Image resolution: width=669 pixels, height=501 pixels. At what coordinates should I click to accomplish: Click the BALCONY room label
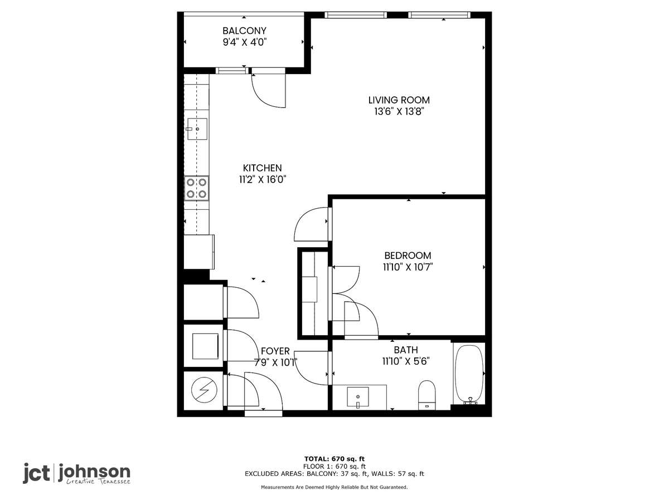point(244,31)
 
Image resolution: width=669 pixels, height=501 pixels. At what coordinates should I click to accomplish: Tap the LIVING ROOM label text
point(399,100)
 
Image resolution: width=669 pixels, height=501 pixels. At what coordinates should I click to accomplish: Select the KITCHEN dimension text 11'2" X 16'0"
point(262,179)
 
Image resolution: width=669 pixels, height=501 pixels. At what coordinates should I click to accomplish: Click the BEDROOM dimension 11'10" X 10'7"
point(408,267)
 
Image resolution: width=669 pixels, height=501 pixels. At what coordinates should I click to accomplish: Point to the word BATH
point(406,350)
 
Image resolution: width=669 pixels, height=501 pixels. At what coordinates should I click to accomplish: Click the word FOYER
point(275,351)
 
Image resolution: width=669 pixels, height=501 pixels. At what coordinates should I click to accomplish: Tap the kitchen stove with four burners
point(197,188)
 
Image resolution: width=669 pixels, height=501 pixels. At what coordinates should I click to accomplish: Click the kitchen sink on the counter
point(197,129)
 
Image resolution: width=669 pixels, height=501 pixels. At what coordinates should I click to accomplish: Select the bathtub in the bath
point(469,374)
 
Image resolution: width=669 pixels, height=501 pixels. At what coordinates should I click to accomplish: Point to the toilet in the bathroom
point(426,395)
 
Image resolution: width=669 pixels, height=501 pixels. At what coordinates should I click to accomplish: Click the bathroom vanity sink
point(358,397)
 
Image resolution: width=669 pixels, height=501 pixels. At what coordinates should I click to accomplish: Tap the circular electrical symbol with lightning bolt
point(204,390)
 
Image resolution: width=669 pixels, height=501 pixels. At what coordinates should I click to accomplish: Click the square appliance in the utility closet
point(205,346)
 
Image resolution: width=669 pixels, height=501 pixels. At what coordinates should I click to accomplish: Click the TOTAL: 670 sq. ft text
point(334,459)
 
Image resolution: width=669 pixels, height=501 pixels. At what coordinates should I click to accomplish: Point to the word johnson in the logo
point(94,472)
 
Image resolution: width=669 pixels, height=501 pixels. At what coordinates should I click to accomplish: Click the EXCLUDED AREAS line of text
point(334,474)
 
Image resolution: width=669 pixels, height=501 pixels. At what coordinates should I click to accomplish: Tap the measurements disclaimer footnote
point(334,487)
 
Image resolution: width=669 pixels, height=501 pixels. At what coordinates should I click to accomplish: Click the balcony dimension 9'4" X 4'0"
point(244,42)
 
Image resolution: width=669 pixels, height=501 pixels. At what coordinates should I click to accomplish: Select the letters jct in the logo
point(36,473)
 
